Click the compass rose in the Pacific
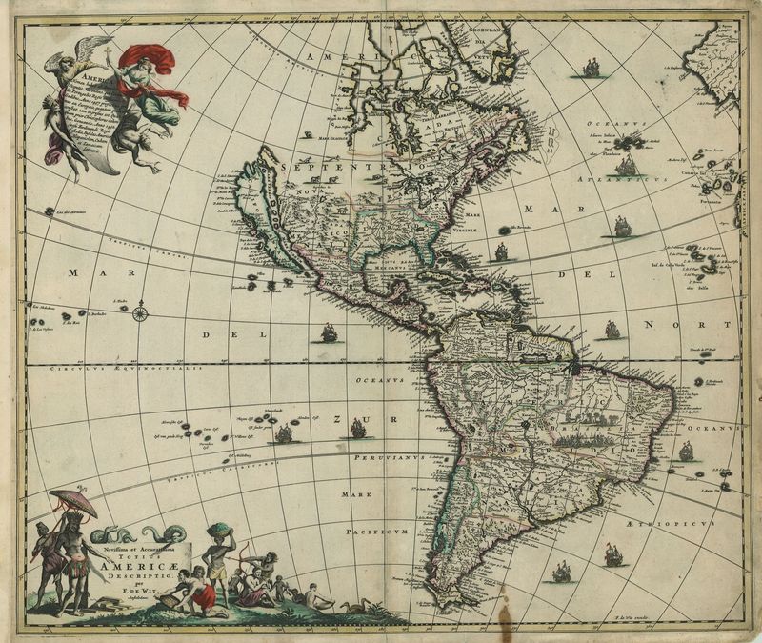point(141,311)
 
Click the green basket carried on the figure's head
point(220,532)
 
